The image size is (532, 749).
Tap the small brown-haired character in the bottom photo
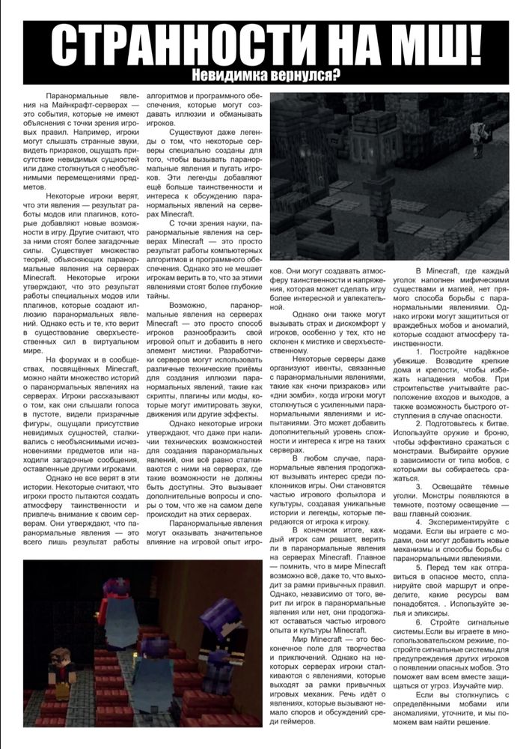pyautogui.click(x=61, y=670)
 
